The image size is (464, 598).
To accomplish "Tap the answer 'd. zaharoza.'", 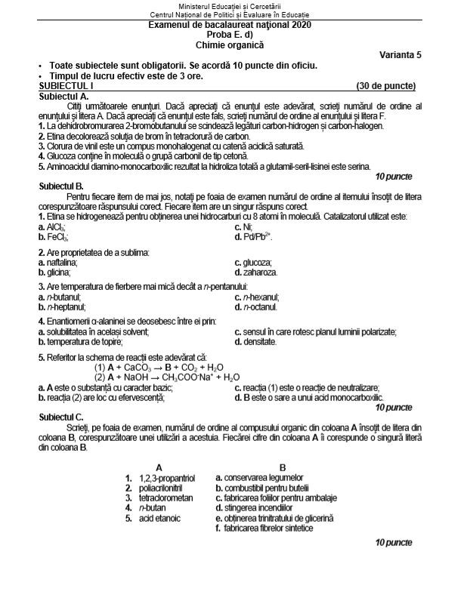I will (256, 272).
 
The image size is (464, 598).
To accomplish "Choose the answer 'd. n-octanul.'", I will (256, 307).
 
